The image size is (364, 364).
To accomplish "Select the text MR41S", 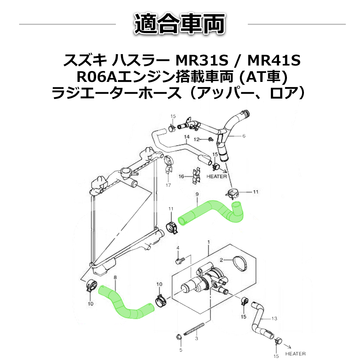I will click(274, 61).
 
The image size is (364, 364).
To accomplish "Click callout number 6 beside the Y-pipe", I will click(244, 136).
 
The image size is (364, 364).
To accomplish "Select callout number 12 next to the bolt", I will click(197, 139).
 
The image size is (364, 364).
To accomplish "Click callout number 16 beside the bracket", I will click(181, 176).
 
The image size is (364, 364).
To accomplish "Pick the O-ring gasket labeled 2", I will click(242, 263).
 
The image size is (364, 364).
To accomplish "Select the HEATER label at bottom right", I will click(295, 354).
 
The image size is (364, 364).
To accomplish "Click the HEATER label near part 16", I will click(217, 176).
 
